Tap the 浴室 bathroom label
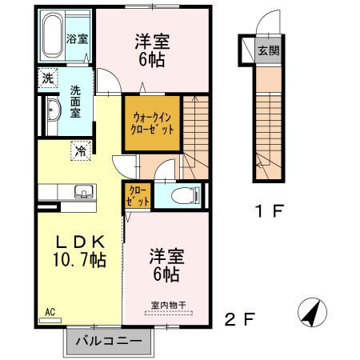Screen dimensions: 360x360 tap(77, 38)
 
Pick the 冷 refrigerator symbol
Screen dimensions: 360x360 tap(81, 150)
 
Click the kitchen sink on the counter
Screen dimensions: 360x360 tap(82, 191)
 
